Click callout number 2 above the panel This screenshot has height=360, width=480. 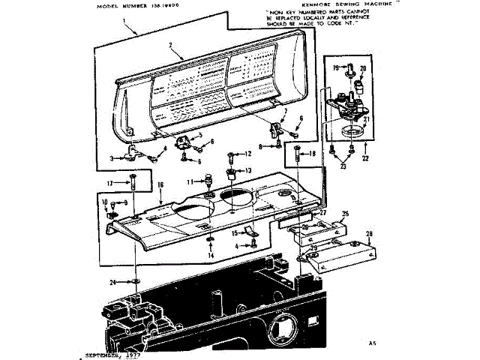tap(171, 46)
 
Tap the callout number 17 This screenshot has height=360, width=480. tap(110, 182)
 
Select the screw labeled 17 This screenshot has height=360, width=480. tap(132, 182)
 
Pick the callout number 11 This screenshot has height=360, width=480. tap(190, 181)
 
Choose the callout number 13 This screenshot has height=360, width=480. tap(248, 171)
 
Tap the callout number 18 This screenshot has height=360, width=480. tap(313, 153)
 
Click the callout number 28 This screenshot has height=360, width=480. tap(370, 235)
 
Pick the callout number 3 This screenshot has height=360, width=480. tap(112, 158)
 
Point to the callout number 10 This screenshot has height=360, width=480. tap(105, 202)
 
